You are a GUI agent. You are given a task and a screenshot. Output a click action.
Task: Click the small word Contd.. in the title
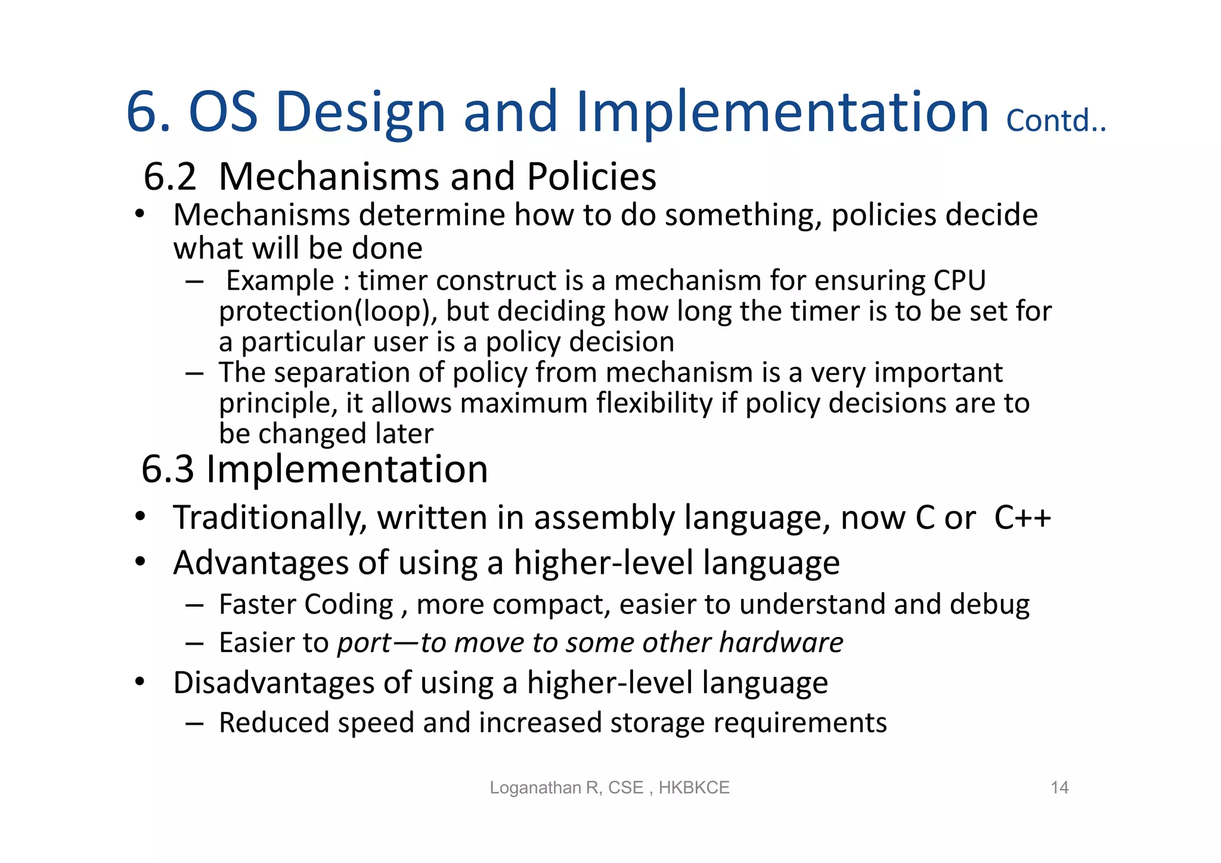point(1056,120)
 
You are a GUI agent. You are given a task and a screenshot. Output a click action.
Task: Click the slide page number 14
point(1059,787)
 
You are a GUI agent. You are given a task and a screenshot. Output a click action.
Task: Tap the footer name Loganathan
point(536,787)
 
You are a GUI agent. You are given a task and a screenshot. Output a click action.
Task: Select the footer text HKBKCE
point(694,787)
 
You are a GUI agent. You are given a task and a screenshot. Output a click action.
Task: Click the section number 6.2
point(170,177)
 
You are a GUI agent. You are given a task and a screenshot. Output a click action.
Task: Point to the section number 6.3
point(168,469)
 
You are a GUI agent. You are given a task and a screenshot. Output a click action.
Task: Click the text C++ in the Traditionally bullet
point(1022,517)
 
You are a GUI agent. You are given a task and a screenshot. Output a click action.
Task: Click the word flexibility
point(654,403)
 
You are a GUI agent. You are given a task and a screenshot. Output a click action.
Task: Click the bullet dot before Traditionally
point(140,517)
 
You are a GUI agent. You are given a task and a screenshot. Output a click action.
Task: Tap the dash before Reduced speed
point(194,723)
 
